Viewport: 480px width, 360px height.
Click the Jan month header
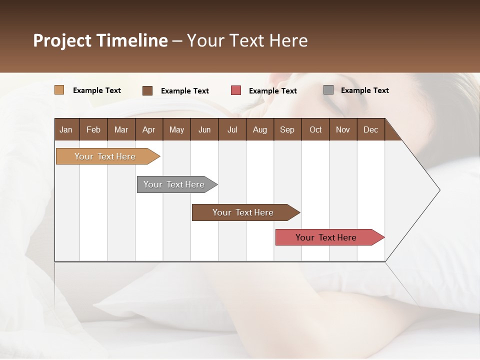(x=66, y=129)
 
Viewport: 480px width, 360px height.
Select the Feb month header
(x=93, y=129)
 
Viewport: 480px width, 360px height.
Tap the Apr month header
(x=148, y=129)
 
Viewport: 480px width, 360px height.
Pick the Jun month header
(x=204, y=129)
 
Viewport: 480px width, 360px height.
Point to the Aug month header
(x=259, y=129)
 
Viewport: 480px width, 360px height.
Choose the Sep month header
(x=287, y=129)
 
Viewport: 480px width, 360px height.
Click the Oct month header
(x=315, y=129)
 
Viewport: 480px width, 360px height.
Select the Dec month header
(x=370, y=129)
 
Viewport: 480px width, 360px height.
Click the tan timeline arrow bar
(x=105, y=156)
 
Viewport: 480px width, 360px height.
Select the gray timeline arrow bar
(x=174, y=184)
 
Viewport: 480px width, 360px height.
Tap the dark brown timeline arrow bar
(x=243, y=212)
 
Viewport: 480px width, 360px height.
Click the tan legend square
(x=59, y=90)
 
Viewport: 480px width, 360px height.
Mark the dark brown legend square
(x=147, y=90)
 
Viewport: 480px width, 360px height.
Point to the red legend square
(x=236, y=90)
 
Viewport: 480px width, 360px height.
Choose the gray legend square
(x=328, y=90)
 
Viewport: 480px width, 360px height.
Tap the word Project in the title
(x=62, y=40)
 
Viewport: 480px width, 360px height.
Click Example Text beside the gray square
(x=364, y=90)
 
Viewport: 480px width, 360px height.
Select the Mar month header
(x=121, y=129)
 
